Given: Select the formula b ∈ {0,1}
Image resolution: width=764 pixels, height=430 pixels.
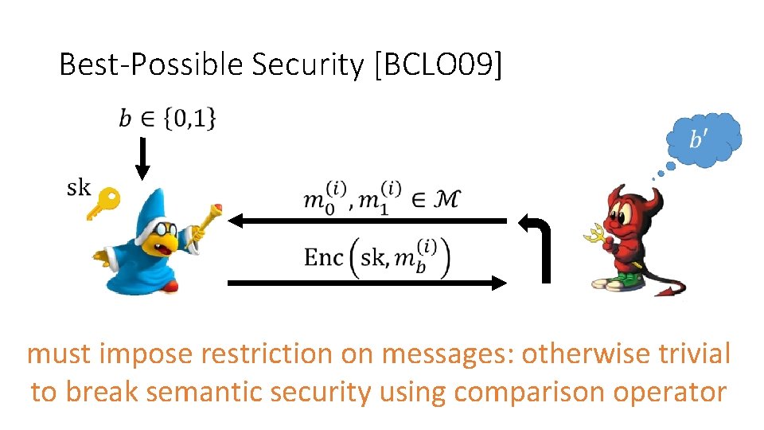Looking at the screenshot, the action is [167, 119].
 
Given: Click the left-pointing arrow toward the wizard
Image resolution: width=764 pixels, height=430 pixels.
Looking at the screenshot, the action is [366, 221].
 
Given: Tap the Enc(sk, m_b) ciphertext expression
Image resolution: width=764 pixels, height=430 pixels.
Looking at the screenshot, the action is [377, 256].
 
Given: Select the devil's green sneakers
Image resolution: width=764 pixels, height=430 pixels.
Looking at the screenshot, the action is [620, 281].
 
